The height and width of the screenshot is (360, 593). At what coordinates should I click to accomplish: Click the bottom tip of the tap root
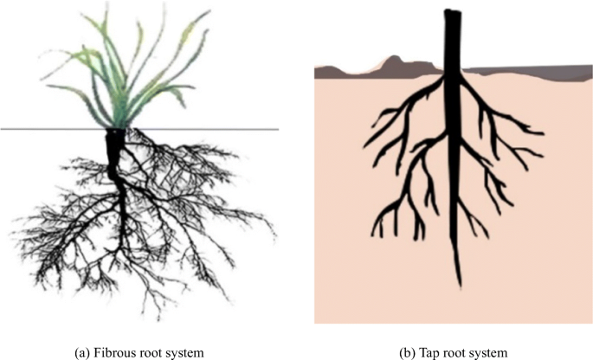pyautogui.click(x=459, y=286)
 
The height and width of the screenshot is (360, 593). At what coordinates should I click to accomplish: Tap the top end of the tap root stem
pyautogui.click(x=452, y=12)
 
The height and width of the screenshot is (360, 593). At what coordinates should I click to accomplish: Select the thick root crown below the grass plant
pyautogui.click(x=115, y=147)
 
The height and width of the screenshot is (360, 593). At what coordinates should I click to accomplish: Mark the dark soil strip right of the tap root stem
pyautogui.click(x=528, y=71)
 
